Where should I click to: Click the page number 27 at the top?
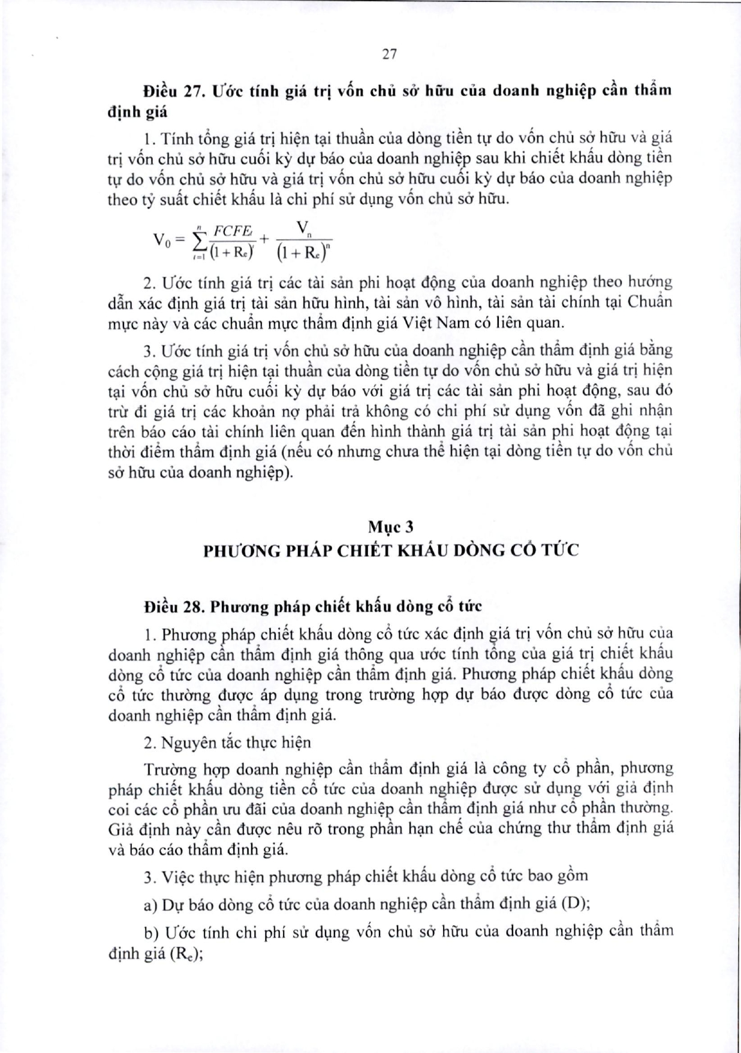coord(389,54)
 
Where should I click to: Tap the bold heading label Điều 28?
coord(170,607)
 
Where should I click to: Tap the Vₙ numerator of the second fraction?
coord(303,228)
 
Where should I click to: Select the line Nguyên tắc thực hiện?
coord(236,743)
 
